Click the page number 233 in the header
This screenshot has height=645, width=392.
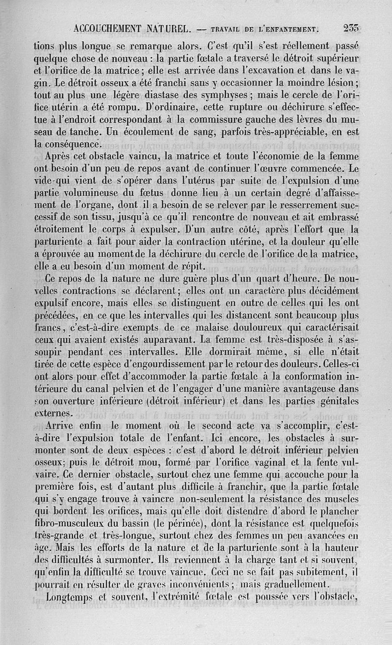[351, 28]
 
